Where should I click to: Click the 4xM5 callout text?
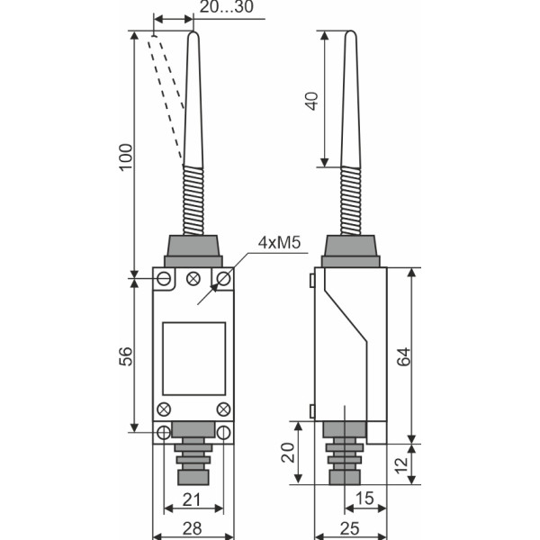coord(279,243)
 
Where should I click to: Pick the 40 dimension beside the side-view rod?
coord(312,100)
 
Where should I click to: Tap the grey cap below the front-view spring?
coord(193,248)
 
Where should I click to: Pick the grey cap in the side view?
coord(349,248)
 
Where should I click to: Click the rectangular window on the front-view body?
coord(193,357)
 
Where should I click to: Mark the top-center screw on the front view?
coord(193,279)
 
